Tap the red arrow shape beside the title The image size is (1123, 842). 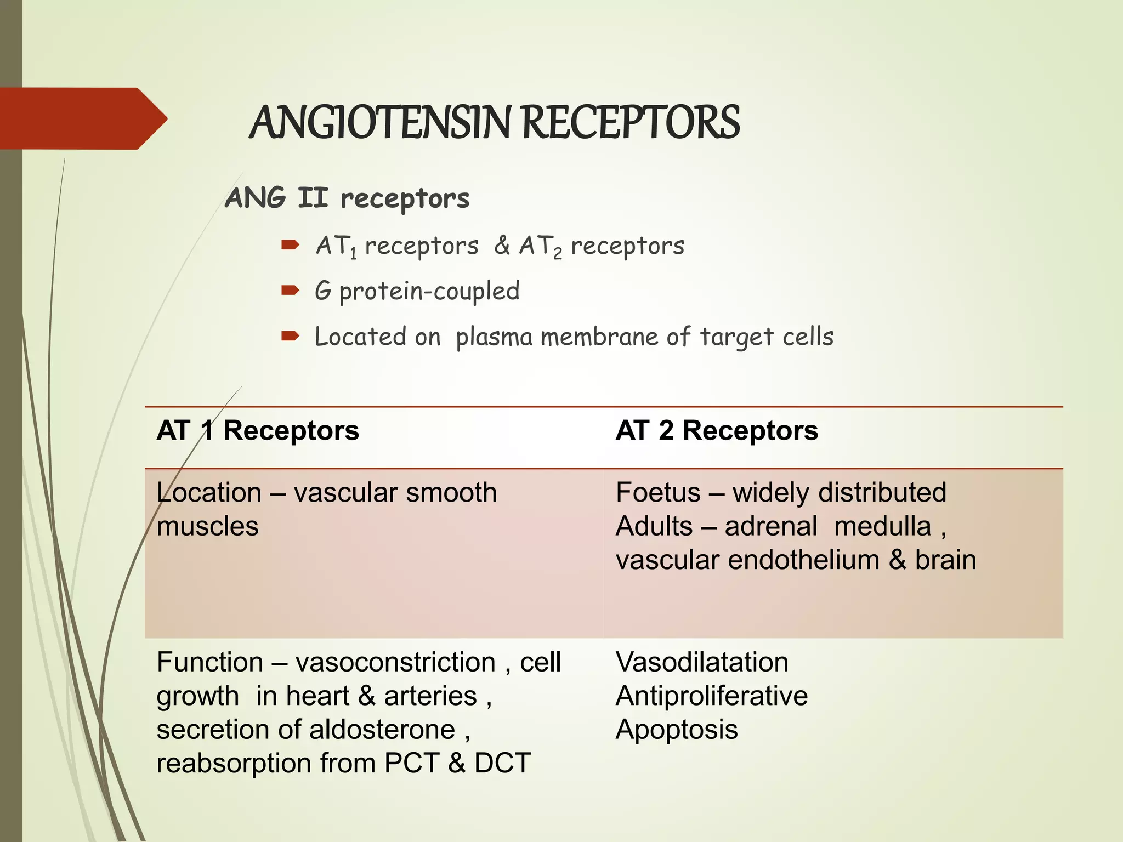pos(82,118)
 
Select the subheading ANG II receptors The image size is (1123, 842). pos(347,198)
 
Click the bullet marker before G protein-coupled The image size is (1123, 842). pos(290,290)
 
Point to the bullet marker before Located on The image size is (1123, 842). pos(290,335)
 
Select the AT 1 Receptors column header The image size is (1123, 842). pos(258,430)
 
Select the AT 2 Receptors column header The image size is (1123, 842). pos(717,430)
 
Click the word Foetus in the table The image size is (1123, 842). pos(658,492)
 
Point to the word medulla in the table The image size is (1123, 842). pos(882,526)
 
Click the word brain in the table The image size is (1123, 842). pos(945,560)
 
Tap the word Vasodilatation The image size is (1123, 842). pos(702,662)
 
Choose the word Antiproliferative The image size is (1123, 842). pos(711,696)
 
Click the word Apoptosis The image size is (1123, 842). pos(677,730)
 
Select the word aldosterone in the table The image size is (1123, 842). pos(382,730)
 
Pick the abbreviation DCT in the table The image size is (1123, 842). pos(502,763)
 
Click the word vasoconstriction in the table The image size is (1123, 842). pos(395,662)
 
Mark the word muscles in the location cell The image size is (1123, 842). pos(207,526)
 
